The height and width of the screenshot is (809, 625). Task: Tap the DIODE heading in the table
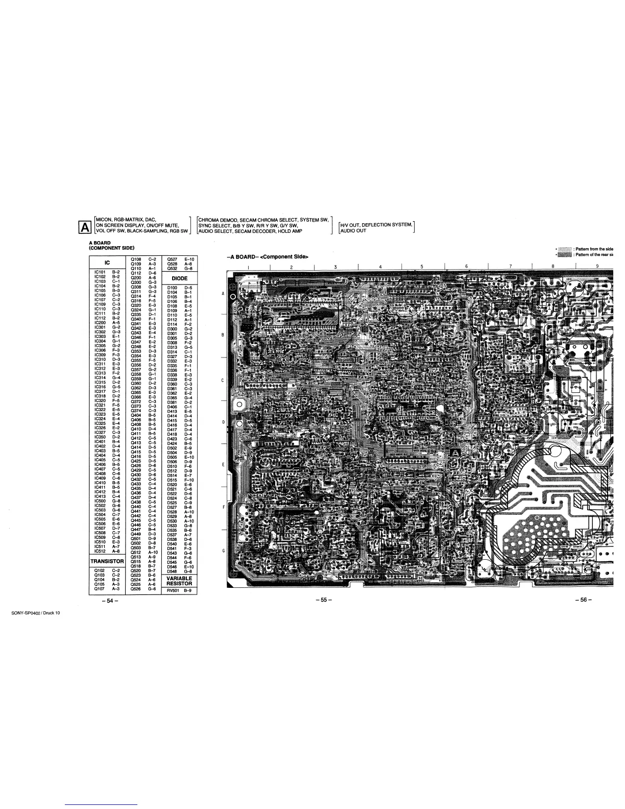pos(179,278)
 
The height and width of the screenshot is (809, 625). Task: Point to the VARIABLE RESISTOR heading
pos(179,581)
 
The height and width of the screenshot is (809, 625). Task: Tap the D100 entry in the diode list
pos(172,288)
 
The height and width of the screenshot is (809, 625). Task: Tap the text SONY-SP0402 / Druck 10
pos(35,613)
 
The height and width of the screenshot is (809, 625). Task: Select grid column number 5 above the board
pos(422,266)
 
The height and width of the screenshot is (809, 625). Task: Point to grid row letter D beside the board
pos(224,422)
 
